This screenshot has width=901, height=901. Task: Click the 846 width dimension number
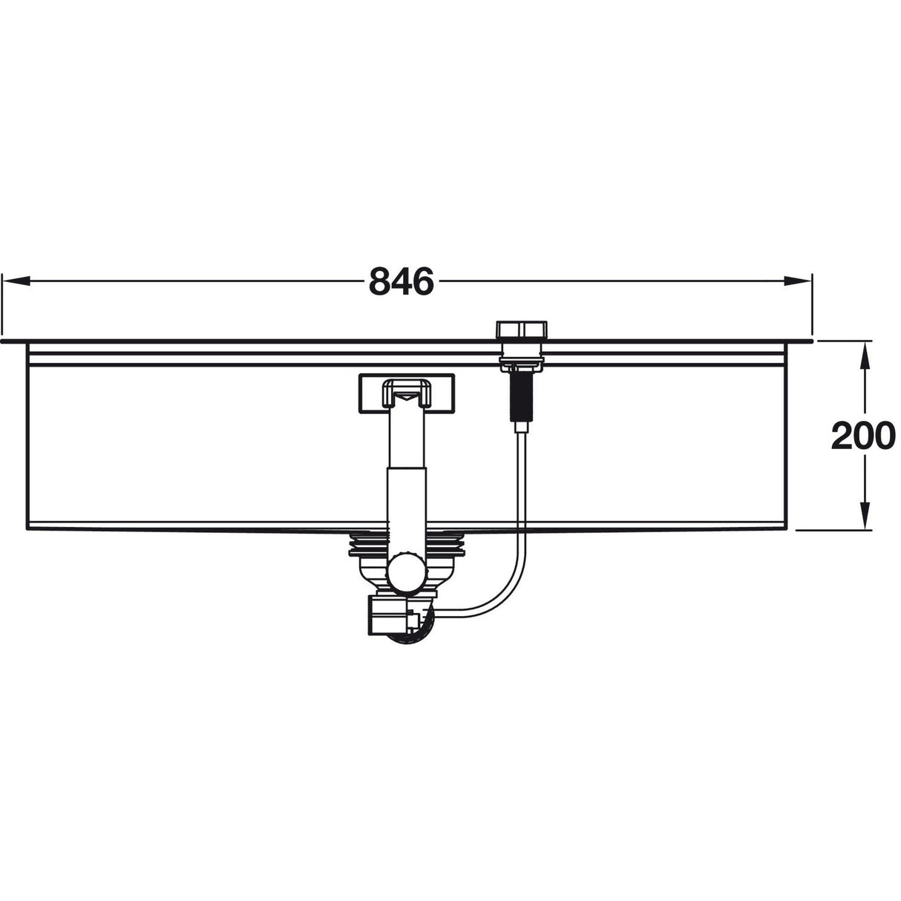click(401, 281)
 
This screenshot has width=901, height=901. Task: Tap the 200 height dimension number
click(863, 436)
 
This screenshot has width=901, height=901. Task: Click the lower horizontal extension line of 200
click(831, 530)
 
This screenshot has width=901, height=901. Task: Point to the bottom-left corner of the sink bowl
click(27, 528)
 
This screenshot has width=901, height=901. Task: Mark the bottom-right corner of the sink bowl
click(785, 528)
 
